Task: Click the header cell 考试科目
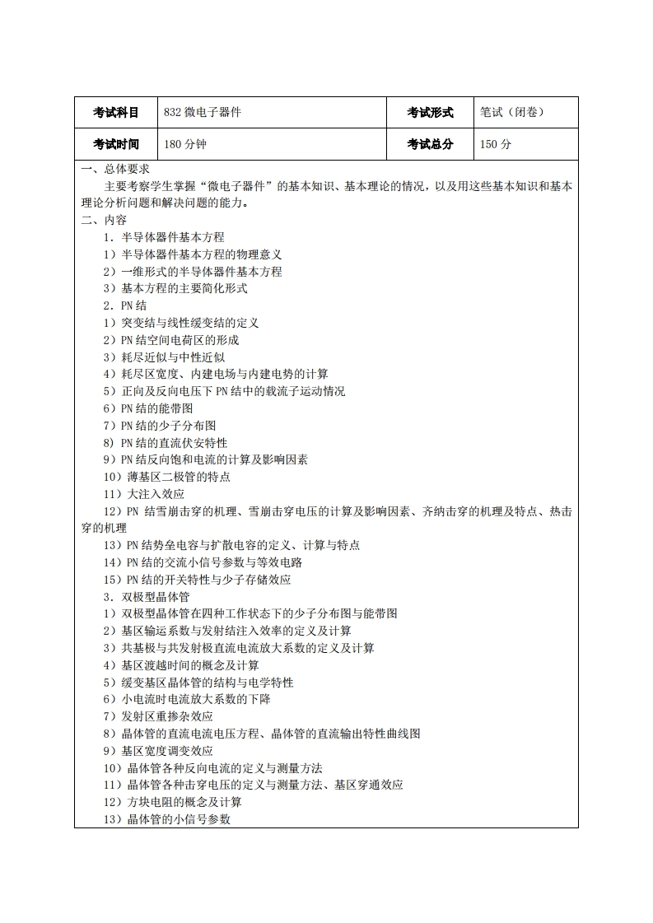point(115,113)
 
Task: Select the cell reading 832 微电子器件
point(203,113)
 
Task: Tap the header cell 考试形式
point(430,113)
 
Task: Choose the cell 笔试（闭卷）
point(512,113)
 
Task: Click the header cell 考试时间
point(115,144)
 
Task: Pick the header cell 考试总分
point(430,144)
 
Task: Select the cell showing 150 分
point(496,144)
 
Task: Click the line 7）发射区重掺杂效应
point(157,716)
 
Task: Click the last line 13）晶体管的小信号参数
point(166,819)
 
